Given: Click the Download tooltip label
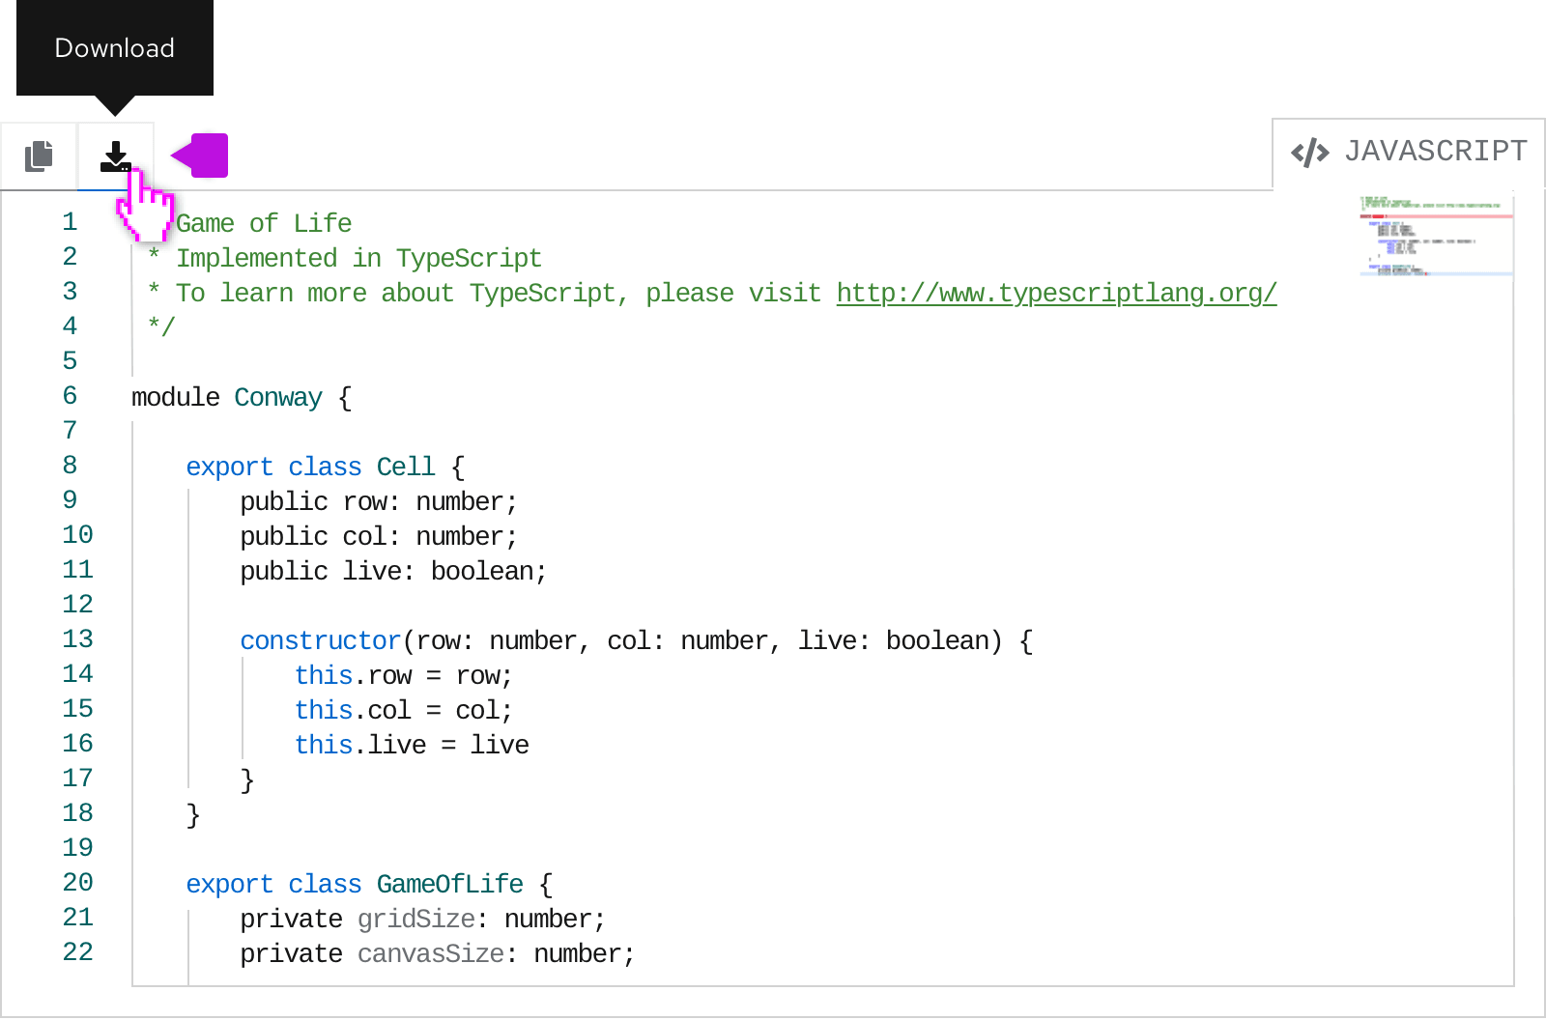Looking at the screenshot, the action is tap(115, 48).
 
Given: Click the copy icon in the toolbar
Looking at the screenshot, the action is tap(39, 156).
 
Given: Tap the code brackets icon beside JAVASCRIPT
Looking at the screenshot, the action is tap(1309, 154).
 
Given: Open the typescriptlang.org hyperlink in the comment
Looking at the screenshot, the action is tap(1057, 294).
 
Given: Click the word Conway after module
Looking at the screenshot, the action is tap(278, 398).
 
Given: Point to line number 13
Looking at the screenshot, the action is tap(77, 639).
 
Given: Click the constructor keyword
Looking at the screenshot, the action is tap(320, 641).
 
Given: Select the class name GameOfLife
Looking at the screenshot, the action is tap(450, 884).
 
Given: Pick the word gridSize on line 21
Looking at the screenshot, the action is tap(416, 920).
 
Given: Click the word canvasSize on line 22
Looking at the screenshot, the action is tap(431, 953).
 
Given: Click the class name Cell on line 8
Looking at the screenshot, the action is tap(406, 467).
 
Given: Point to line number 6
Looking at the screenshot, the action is tap(70, 396).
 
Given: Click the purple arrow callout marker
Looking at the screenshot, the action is tap(199, 156).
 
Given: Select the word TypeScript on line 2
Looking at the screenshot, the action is tap(469, 258).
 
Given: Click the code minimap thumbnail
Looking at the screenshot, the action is tap(1436, 236).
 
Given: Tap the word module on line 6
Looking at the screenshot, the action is tap(175, 398).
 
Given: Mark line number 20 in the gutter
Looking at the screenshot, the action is tap(77, 883).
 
